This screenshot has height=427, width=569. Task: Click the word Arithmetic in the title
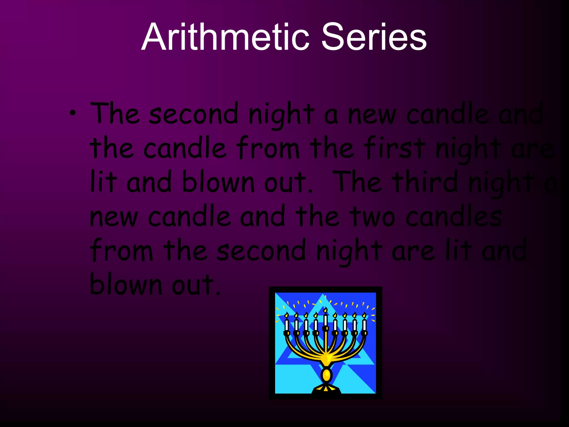pos(225,37)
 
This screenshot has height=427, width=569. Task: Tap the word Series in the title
pos(373,37)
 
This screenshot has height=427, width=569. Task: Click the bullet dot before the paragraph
pos(73,113)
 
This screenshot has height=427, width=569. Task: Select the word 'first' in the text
pos(394,148)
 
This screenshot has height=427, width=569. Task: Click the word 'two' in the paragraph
pos(372,217)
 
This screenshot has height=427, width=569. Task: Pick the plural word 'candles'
pos(453,217)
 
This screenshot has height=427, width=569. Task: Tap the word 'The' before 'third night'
pos(358,182)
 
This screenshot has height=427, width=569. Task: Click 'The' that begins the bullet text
pos(115,113)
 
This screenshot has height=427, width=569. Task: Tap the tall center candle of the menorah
pos(325,320)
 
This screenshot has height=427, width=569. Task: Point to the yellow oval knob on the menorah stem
pos(326,375)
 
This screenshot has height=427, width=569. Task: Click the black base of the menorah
pos(326,390)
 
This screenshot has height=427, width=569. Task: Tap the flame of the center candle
pos(325,310)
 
